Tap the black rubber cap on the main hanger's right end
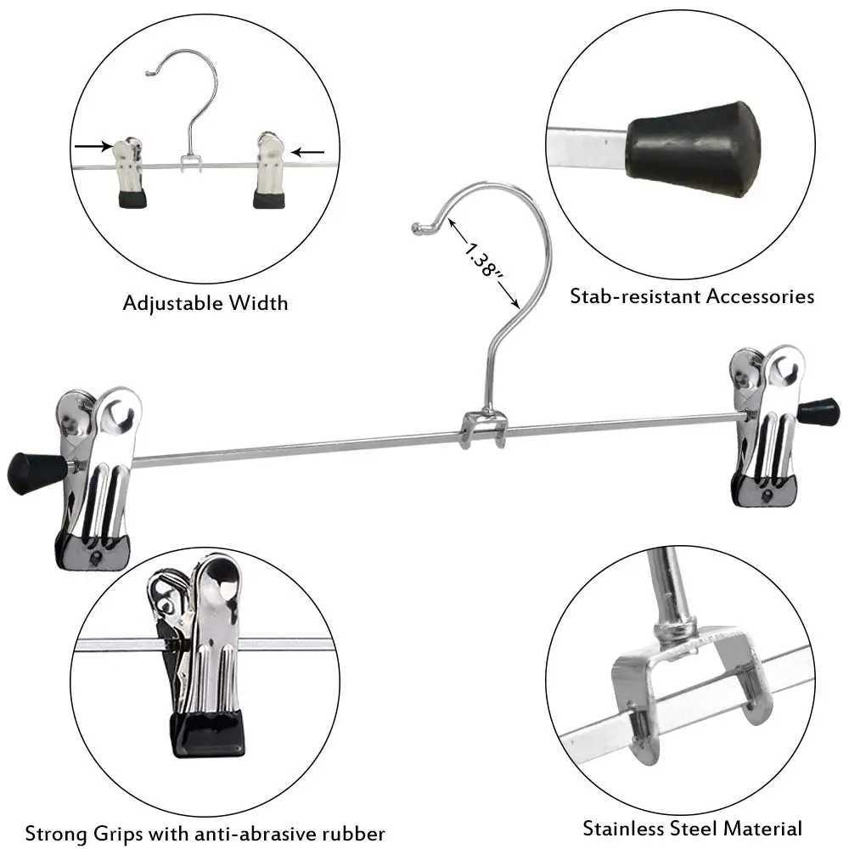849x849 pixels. click(818, 412)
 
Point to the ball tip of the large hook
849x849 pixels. click(417, 228)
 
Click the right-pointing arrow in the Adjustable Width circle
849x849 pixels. click(93, 147)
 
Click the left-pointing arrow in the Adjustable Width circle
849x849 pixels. click(308, 153)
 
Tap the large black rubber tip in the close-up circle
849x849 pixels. click(694, 148)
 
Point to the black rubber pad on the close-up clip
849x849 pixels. click(207, 732)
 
